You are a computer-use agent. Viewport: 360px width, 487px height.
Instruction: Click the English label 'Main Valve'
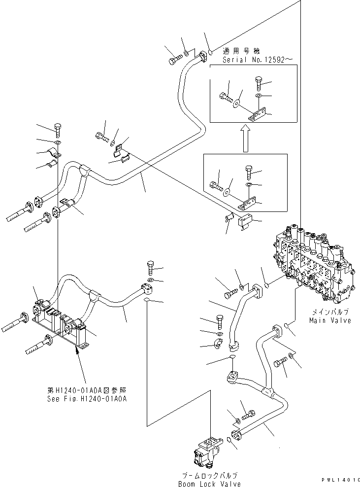coord(330,320)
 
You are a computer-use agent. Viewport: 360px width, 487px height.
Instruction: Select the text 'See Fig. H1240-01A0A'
coord(84,399)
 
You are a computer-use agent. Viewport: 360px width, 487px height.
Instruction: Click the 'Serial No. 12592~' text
coord(258,59)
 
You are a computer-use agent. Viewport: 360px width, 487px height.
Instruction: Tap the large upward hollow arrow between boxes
coord(245,138)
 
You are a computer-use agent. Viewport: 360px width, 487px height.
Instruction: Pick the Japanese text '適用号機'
coord(241,51)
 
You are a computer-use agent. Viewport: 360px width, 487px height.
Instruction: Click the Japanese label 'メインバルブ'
coord(330,312)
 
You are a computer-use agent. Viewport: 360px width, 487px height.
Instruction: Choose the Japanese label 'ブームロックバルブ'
coord(210,475)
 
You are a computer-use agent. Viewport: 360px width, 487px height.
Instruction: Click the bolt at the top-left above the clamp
coord(57,129)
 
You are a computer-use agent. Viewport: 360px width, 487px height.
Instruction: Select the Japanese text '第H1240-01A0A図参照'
coord(84,390)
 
